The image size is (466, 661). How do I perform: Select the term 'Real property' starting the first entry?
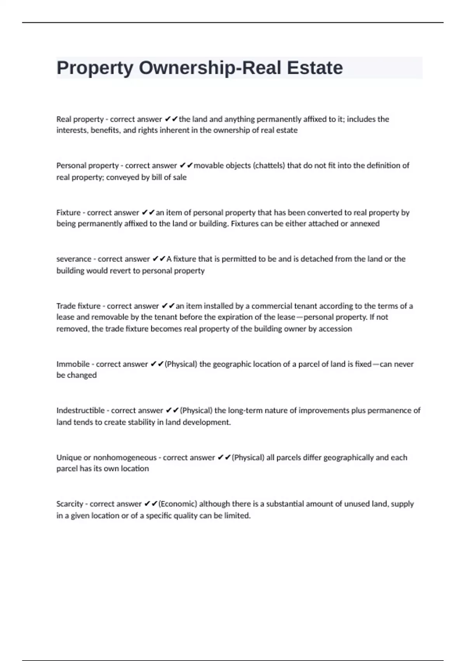pyautogui.click(x=80, y=119)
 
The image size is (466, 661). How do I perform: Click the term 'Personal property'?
pyautogui.click(x=87, y=166)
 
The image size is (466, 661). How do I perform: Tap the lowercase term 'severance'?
pyautogui.click(x=74, y=259)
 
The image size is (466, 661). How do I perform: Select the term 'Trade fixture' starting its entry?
pyautogui.click(x=78, y=306)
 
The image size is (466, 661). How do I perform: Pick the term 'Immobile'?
pyautogui.click(x=73, y=364)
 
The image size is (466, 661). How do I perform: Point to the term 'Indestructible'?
pyautogui.click(x=80, y=411)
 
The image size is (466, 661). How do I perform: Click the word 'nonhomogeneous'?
pyautogui.click(x=125, y=458)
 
